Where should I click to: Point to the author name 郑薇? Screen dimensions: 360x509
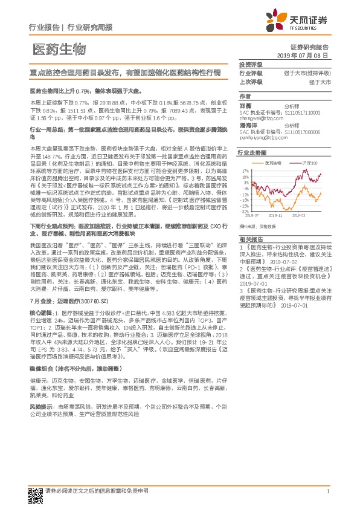point(245,105)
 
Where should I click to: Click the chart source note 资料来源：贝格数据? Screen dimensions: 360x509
point(257,225)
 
